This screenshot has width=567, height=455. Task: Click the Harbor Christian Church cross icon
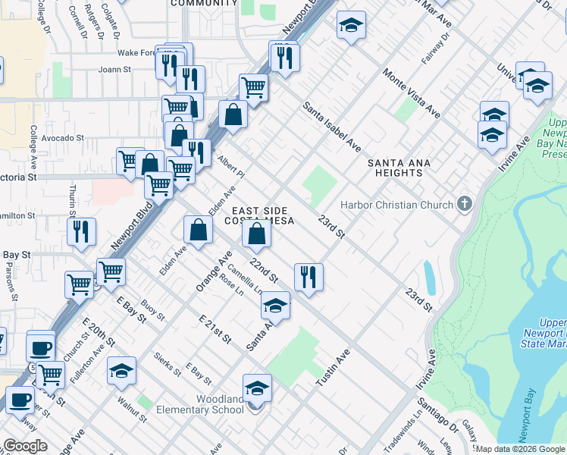click(x=465, y=204)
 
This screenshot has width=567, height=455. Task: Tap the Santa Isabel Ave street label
click(x=332, y=126)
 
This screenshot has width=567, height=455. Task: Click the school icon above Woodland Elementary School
click(x=257, y=388)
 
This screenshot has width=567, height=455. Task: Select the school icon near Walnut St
click(x=121, y=371)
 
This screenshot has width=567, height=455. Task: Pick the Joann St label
click(x=114, y=69)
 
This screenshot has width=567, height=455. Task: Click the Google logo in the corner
click(x=25, y=446)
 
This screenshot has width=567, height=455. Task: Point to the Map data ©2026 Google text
click(x=520, y=449)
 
